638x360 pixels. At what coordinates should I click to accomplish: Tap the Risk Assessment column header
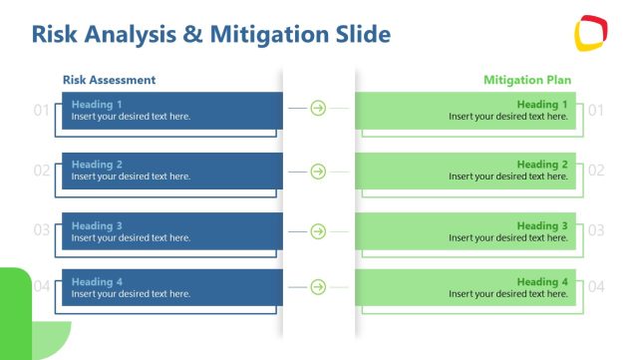tap(109, 80)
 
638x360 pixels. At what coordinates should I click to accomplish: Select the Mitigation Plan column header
tap(527, 80)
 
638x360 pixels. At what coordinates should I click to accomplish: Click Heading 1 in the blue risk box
tap(97, 104)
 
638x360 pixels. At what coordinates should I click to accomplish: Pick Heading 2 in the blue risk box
tap(97, 165)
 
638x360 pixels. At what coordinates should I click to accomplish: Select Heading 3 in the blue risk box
tap(97, 226)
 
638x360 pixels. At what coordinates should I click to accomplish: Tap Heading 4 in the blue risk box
tap(97, 282)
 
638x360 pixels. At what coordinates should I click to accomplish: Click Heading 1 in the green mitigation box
tap(542, 104)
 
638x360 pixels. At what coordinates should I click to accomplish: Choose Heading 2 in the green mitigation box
tap(542, 165)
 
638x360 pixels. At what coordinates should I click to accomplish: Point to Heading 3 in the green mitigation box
tap(542, 226)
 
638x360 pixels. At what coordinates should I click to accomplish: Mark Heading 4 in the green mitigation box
tap(542, 282)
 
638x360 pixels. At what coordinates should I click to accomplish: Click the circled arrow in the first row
tap(318, 108)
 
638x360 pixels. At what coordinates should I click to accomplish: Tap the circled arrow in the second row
tap(318, 172)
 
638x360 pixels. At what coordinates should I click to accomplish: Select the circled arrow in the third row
tap(318, 231)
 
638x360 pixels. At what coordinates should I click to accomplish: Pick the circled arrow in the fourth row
tap(318, 287)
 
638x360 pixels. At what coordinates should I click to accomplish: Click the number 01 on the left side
tap(41, 110)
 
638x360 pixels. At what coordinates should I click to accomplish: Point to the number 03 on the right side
tap(596, 230)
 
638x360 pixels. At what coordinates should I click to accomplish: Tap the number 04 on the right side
tap(596, 287)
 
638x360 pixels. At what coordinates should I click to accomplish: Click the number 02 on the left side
tap(41, 171)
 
